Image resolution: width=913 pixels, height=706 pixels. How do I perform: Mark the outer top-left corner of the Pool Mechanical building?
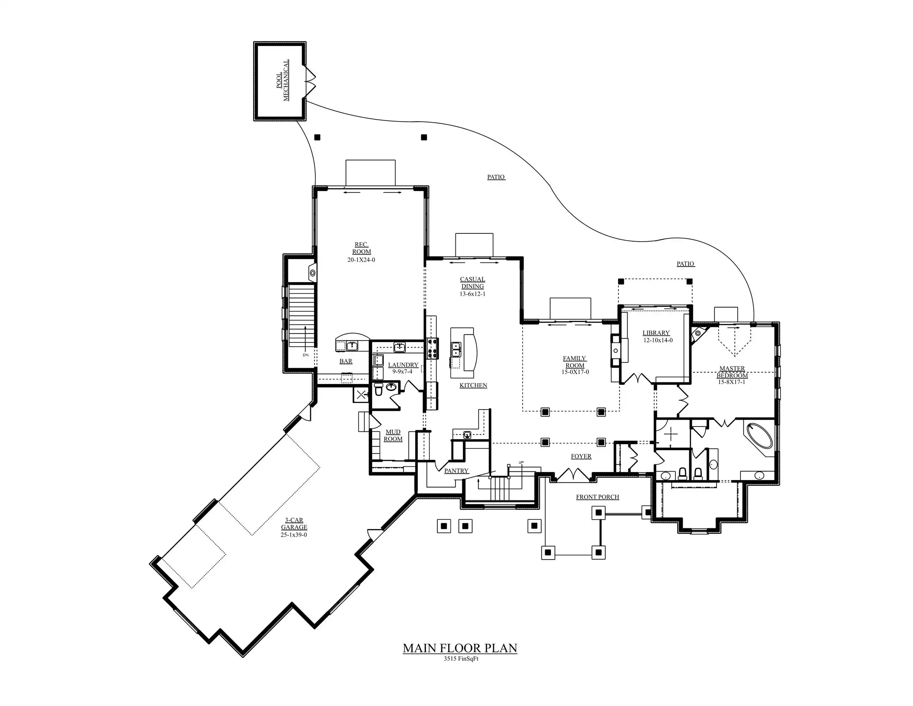254,42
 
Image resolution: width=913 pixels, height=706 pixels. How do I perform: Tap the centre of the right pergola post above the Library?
689,281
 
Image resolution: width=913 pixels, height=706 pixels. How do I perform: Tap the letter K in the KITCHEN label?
462,385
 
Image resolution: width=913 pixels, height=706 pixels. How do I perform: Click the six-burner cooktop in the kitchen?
432,348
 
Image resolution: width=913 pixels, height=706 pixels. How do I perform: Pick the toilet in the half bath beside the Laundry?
378,389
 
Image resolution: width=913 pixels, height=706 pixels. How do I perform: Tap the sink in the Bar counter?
352,346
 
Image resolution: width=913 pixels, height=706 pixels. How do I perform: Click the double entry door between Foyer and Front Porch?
572,475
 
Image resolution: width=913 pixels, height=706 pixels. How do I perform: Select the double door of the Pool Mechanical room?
310,79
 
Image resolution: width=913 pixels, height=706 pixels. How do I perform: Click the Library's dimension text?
658,340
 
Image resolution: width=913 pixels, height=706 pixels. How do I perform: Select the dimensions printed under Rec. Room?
361,260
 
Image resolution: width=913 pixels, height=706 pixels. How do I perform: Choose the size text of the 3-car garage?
294,534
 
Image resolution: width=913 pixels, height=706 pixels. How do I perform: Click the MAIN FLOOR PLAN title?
460,648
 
